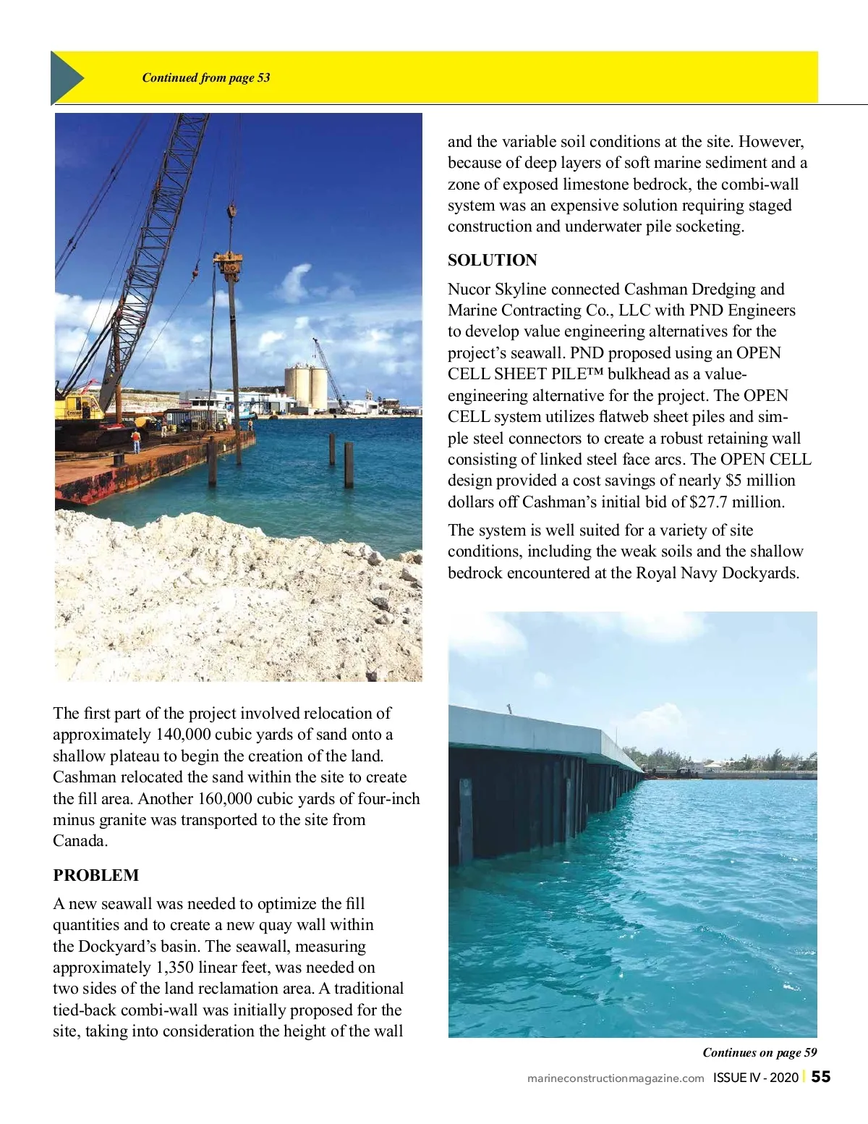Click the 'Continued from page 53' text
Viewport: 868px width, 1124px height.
click(x=206, y=77)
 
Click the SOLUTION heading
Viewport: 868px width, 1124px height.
click(x=492, y=261)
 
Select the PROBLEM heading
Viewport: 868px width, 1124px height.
click(x=95, y=875)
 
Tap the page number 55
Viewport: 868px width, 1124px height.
click(x=821, y=1077)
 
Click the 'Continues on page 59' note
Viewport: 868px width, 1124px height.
click(x=759, y=1052)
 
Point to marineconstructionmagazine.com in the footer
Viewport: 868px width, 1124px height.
click(x=616, y=1078)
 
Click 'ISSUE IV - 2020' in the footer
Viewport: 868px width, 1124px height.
click(x=755, y=1078)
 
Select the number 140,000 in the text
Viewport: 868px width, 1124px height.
click(x=183, y=735)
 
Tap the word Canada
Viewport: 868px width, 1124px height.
click(x=80, y=841)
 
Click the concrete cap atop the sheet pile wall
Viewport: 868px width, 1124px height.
click(x=535, y=731)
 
